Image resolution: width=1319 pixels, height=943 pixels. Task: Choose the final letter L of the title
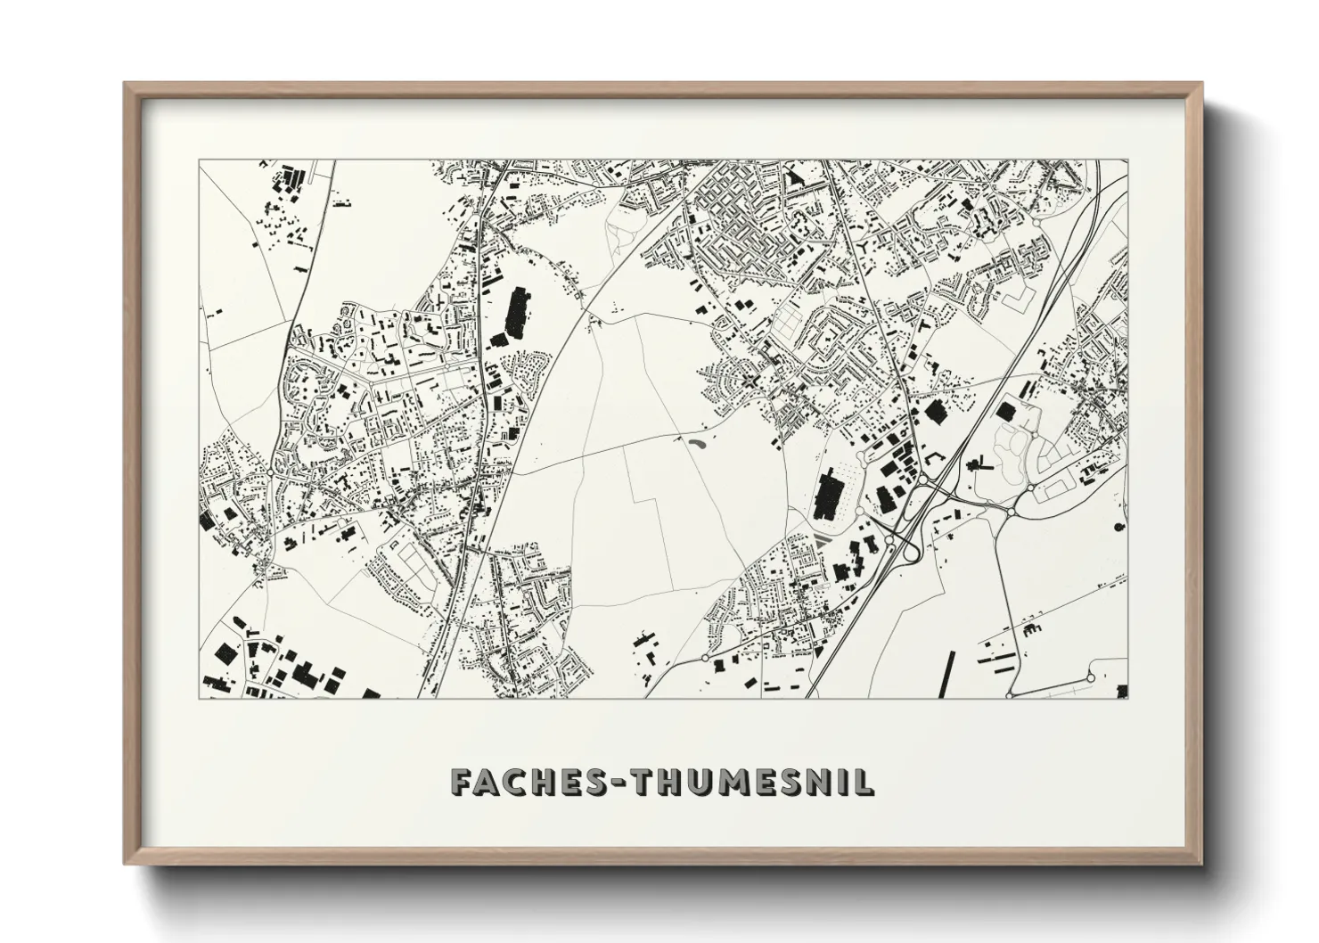tap(864, 782)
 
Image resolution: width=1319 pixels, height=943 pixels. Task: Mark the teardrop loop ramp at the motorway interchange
tap(911, 553)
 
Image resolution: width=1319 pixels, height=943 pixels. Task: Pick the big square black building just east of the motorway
tap(1005, 411)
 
